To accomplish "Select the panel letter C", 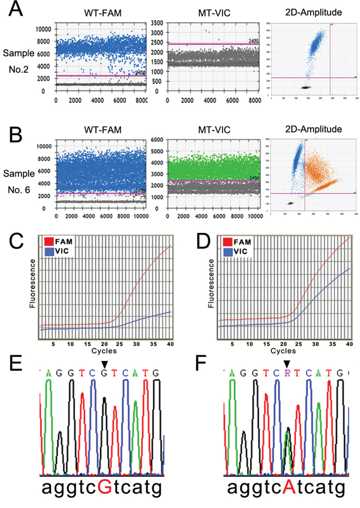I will [x=12, y=242].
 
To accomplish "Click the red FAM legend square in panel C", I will [x=50, y=241].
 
